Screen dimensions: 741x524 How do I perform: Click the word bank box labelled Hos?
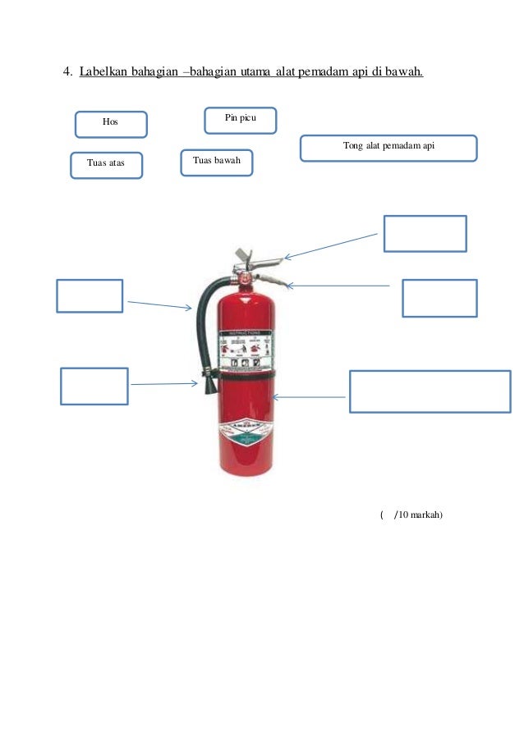point(111,124)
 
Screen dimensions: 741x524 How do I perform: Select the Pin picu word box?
point(240,120)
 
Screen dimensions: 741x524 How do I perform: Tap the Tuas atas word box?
point(106,165)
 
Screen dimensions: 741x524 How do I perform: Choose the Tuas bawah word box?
point(216,162)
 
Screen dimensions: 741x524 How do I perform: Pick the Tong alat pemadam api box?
point(388,148)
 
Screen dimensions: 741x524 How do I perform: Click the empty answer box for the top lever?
point(425,233)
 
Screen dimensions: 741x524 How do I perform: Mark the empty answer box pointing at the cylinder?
point(430,391)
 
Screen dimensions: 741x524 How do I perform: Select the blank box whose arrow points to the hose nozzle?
point(94,386)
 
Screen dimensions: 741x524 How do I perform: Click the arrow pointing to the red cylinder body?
point(309,397)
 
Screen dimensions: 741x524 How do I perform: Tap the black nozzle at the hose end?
point(209,380)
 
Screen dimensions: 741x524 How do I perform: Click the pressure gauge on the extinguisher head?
point(244,278)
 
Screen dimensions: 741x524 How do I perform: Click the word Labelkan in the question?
point(104,72)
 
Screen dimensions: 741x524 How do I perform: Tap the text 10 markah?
point(421,515)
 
